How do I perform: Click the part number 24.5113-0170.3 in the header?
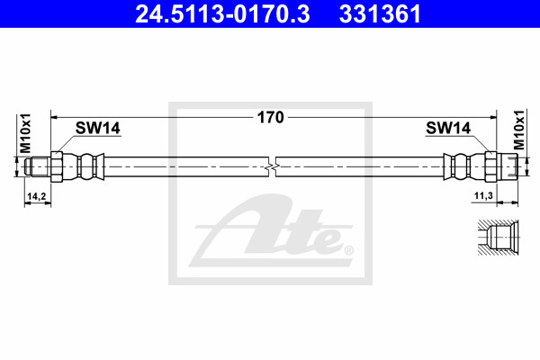point(222,13)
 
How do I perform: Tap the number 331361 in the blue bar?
point(380,13)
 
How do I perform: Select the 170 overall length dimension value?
point(271,118)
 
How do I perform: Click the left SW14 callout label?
point(98,128)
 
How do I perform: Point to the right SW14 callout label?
point(448,128)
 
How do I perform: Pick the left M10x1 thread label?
point(25,133)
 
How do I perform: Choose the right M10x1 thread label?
point(519,130)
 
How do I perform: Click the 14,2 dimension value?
point(37,196)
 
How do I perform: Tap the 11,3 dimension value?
point(483,195)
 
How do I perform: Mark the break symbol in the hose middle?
point(272,166)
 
